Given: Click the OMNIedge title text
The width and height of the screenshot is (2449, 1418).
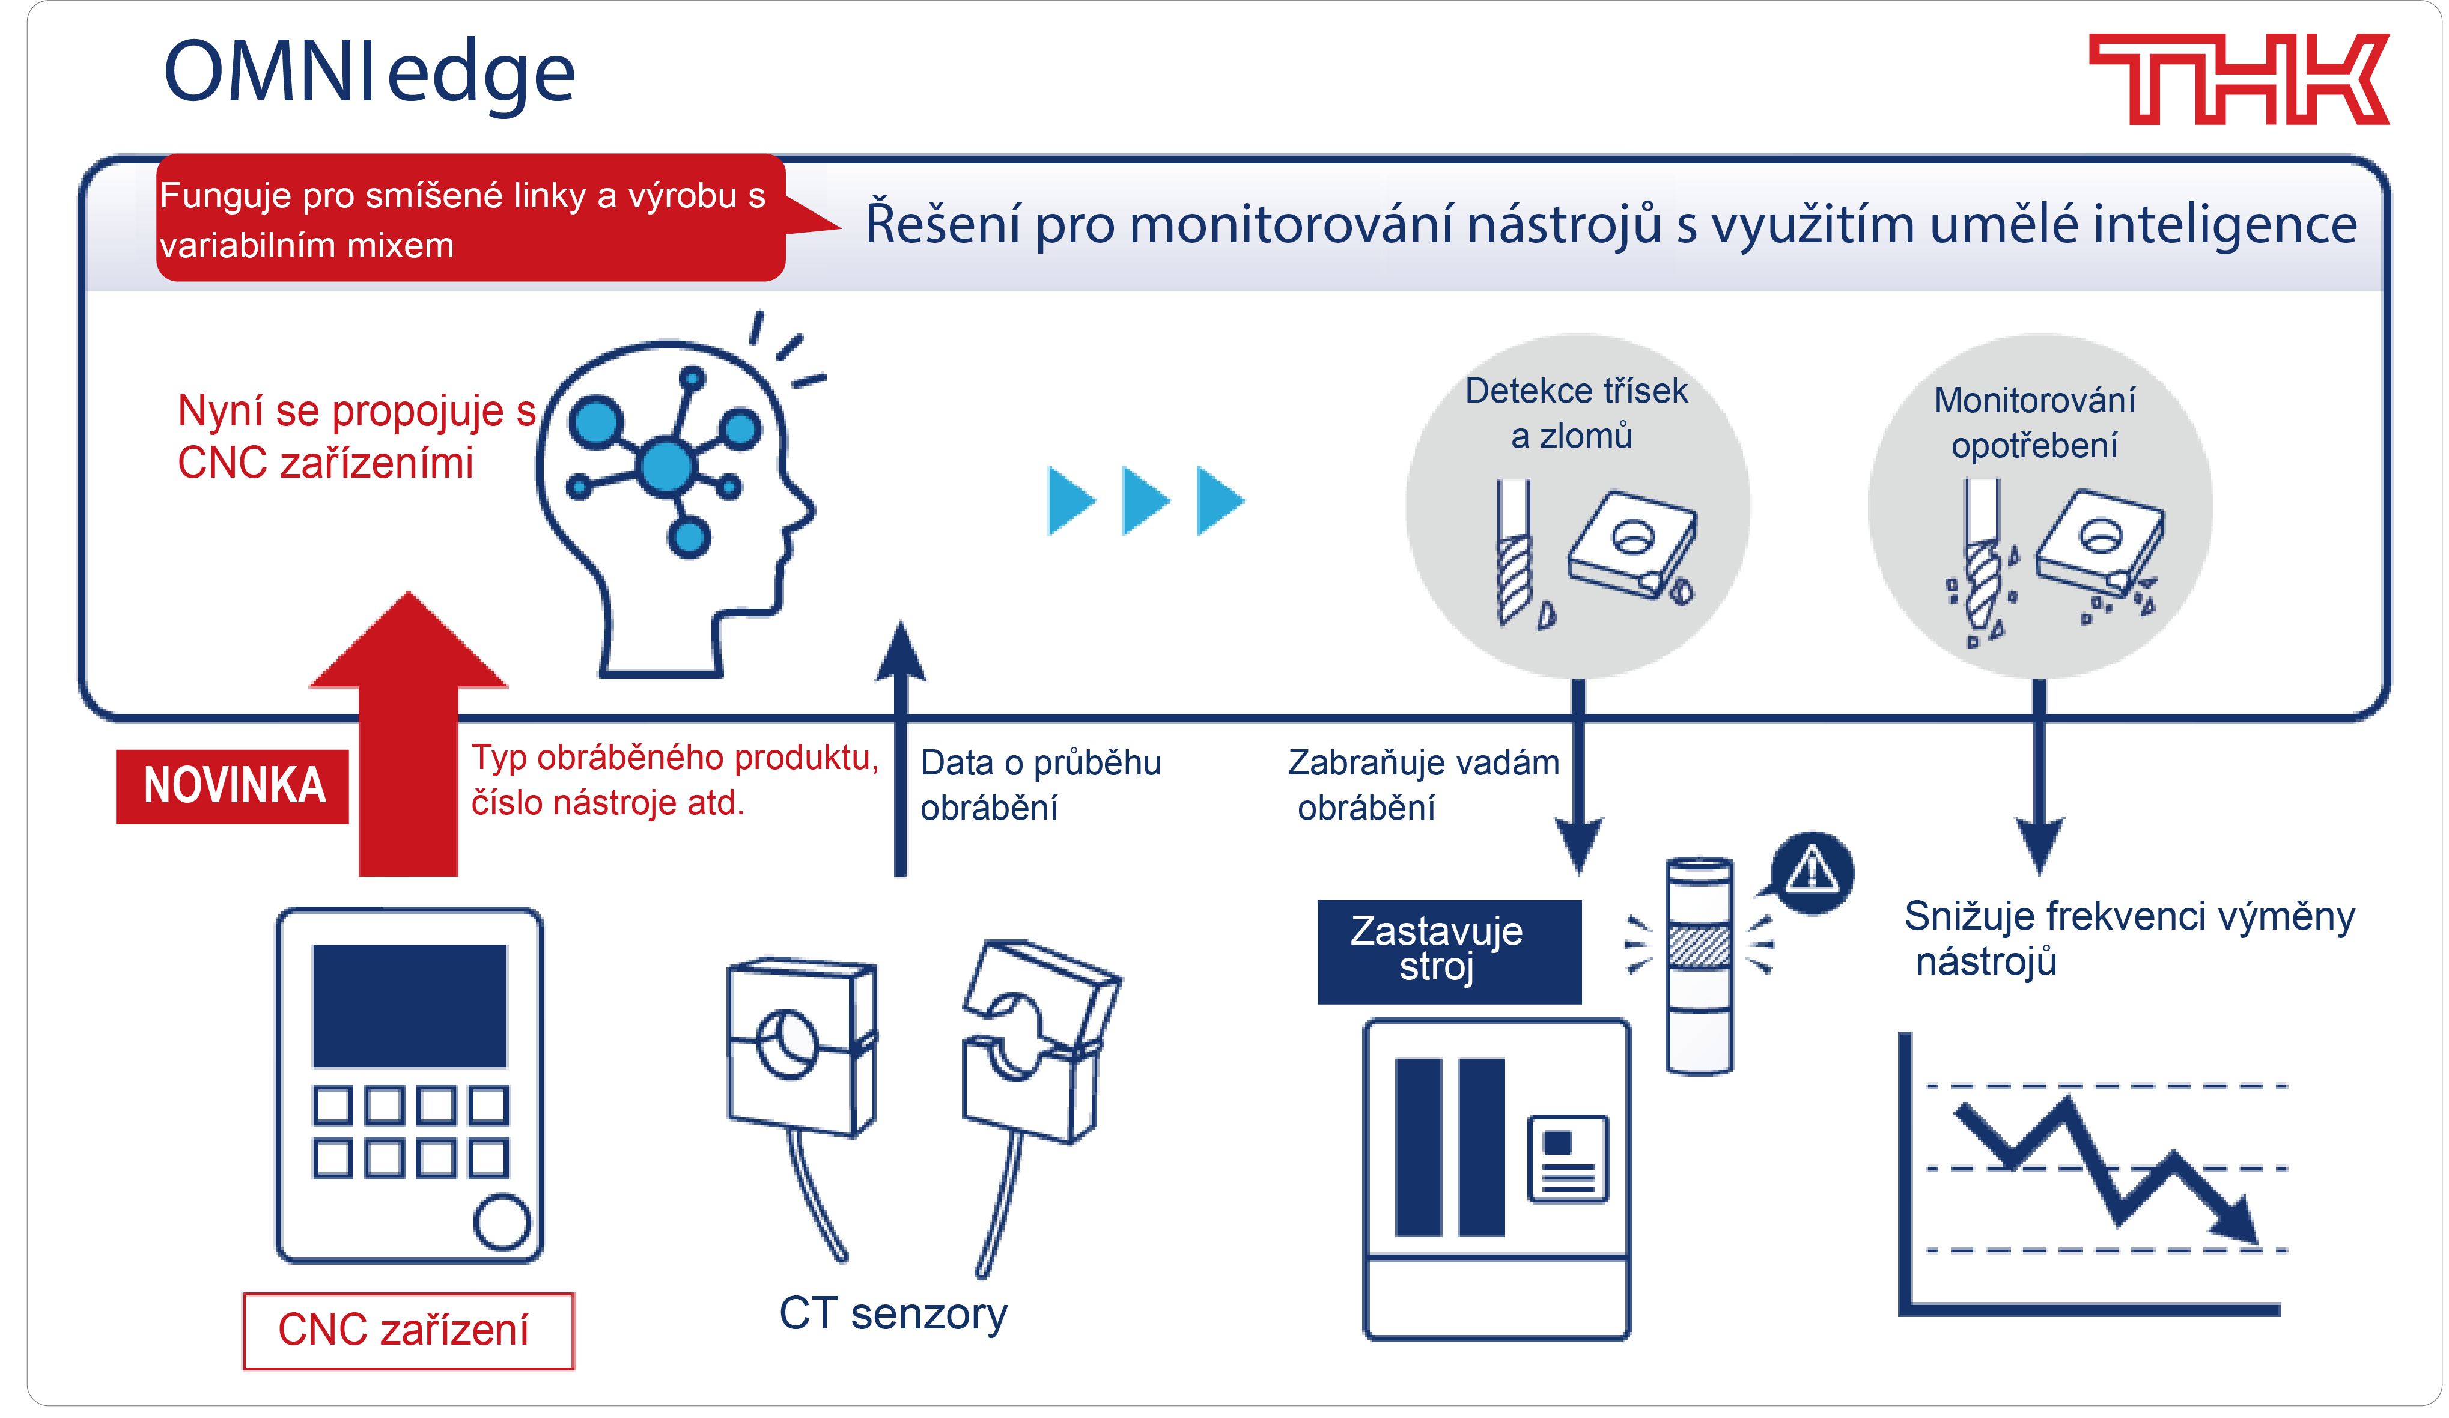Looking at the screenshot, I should (x=370, y=73).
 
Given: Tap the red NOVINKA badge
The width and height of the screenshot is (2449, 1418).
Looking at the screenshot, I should (x=233, y=785).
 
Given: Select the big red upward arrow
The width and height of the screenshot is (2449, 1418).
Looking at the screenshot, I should (x=408, y=738).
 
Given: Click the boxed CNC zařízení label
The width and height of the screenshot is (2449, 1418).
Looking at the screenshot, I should (x=407, y=1330).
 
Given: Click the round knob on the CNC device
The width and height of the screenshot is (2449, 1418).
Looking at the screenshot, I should (x=502, y=1221).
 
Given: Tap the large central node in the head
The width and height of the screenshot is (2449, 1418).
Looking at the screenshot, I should (x=667, y=466).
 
